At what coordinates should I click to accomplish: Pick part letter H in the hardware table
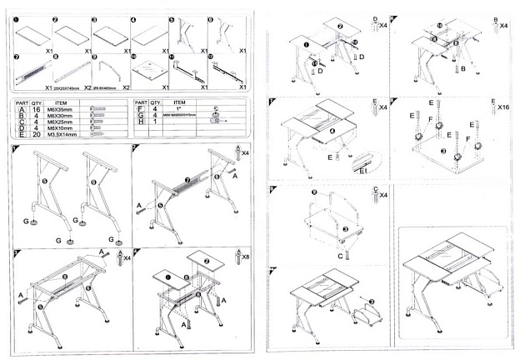coord(140,121)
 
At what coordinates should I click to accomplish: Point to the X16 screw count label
coord(503,108)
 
